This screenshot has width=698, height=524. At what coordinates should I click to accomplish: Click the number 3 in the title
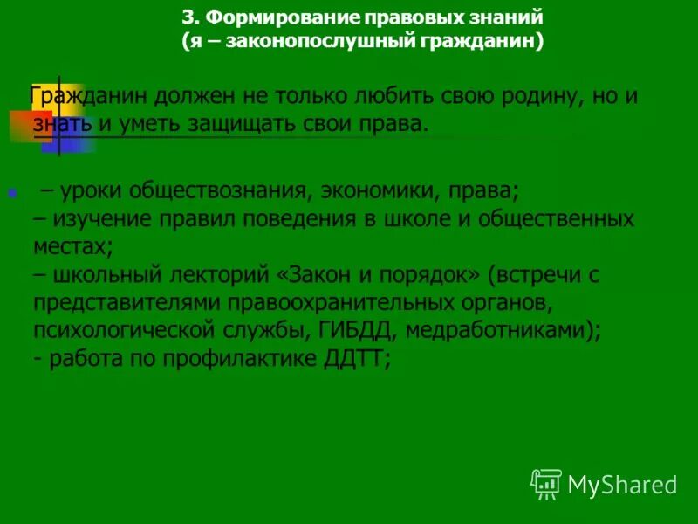[188, 17]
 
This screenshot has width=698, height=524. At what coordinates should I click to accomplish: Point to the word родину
[541, 95]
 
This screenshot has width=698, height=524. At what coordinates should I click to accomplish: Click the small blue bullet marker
[12, 192]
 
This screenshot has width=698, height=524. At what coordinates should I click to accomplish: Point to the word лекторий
[217, 275]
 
